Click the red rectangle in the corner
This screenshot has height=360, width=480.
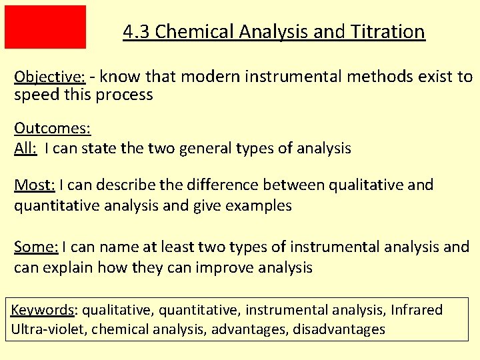(x=45, y=27)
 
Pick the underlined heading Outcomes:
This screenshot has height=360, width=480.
(x=52, y=128)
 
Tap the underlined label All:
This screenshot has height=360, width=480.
(x=25, y=148)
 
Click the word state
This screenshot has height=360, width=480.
(x=101, y=148)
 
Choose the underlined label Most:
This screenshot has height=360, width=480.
(x=35, y=185)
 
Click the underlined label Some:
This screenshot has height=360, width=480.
(x=36, y=247)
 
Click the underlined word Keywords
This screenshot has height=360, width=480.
(x=43, y=310)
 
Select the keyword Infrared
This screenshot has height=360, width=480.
(x=417, y=310)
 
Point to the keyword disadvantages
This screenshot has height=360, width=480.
(x=339, y=329)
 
